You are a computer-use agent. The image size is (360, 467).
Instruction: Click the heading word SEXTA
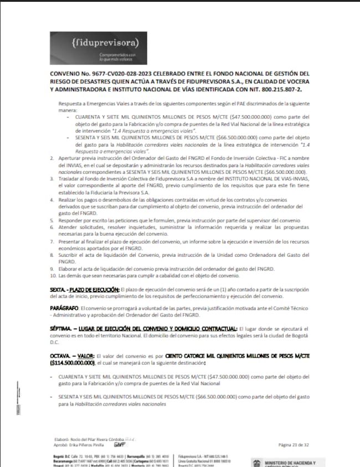pyautogui.click(x=58, y=289)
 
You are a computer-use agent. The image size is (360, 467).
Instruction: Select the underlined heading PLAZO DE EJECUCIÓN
pyautogui.click(x=95, y=289)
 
